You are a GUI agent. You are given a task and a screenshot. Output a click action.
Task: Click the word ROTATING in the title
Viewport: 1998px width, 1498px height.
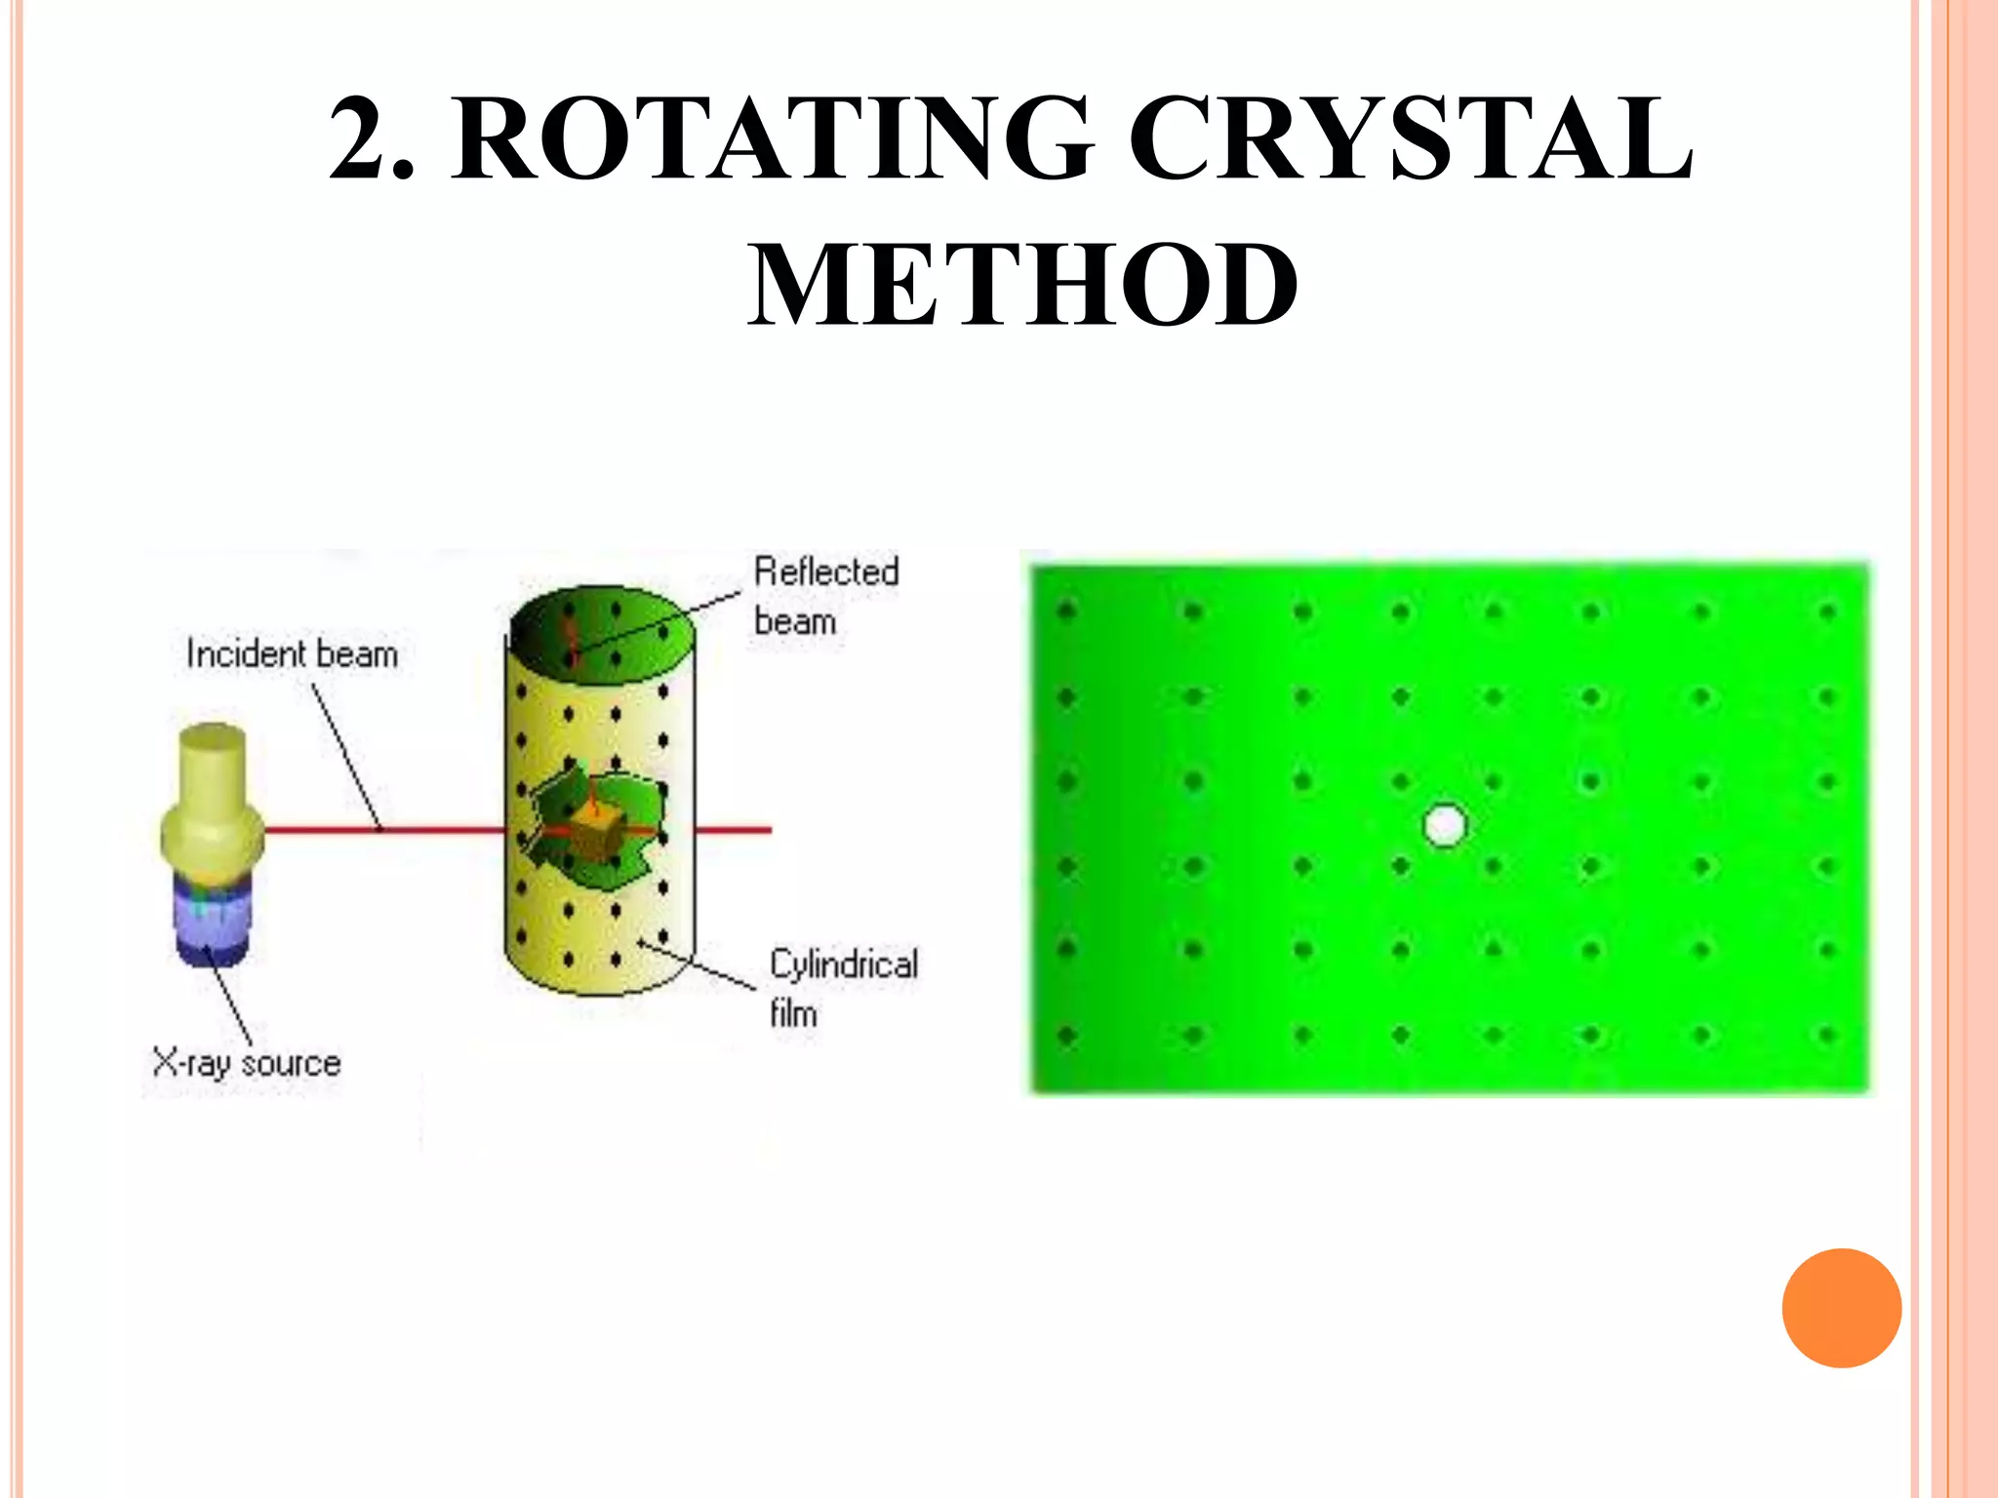coord(771,138)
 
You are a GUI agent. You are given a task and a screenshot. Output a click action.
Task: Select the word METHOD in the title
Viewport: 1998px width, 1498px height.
coord(1022,285)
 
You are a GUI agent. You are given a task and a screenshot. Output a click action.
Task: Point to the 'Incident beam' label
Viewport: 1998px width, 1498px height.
coord(292,653)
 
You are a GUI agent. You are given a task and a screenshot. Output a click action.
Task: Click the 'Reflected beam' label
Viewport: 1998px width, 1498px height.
coord(825,596)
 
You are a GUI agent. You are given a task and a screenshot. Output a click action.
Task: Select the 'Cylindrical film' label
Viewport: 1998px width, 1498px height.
coord(843,988)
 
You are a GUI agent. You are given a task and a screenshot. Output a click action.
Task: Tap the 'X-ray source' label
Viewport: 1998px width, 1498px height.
coord(247,1062)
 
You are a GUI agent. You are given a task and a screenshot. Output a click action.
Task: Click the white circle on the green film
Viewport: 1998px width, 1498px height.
coord(1445,825)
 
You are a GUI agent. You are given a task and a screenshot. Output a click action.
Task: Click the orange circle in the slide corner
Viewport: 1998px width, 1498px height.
coord(1841,1308)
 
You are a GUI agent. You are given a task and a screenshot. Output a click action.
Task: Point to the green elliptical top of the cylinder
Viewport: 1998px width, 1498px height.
coord(602,629)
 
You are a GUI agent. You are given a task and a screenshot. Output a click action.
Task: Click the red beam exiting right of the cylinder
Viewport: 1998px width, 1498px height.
coord(732,830)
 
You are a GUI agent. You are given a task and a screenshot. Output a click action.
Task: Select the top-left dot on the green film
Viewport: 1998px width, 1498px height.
coord(1066,611)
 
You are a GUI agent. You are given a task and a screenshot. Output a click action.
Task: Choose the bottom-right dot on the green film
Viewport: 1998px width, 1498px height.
coord(1827,1035)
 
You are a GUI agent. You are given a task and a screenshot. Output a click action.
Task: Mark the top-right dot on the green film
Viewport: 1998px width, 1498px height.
coord(1827,611)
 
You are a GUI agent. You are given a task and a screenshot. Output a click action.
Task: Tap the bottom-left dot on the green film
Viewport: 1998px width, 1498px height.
coord(1066,1035)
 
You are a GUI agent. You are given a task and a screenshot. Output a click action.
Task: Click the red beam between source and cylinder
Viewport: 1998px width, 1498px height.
coord(380,830)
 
